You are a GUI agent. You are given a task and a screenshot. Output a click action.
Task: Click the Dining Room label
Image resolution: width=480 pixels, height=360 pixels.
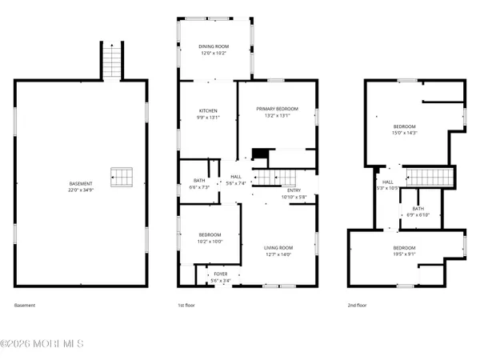point(213,47)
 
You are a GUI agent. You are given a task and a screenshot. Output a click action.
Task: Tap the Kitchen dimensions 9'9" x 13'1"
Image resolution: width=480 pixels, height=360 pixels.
point(208,117)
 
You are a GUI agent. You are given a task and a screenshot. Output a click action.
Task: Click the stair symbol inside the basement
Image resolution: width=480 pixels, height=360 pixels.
point(120,176)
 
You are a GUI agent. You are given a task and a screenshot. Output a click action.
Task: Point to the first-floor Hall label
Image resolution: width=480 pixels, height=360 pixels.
point(236,177)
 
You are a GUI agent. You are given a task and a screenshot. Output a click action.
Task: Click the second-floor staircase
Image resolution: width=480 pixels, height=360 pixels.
point(430,177)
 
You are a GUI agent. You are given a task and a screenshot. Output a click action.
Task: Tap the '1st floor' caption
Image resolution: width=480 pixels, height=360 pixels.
point(186,306)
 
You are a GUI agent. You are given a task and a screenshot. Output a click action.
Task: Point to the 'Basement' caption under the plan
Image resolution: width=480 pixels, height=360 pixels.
point(25,306)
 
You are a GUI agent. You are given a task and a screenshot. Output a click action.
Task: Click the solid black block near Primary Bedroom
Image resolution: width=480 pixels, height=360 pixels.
point(258,155)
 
